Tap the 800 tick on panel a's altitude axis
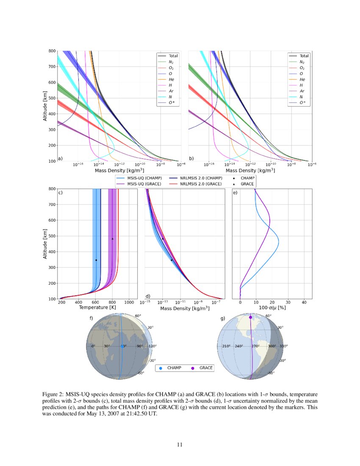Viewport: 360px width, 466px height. tap(51, 51)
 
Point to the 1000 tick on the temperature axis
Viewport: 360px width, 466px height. tap(130, 302)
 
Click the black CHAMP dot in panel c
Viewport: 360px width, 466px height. tap(96, 260)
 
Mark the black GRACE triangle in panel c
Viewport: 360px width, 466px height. tap(112, 239)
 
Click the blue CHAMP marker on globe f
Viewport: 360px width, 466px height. tap(122, 347)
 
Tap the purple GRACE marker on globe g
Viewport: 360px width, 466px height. tap(250, 317)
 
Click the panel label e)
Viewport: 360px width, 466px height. tap(235, 193)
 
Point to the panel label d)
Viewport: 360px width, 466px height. tap(148, 296)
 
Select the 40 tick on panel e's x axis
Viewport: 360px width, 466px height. tap(304, 302)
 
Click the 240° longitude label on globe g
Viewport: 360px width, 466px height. tap(239, 347)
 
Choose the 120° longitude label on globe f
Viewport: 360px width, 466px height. tap(152, 347)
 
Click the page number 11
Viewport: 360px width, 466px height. tap(180, 444)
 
